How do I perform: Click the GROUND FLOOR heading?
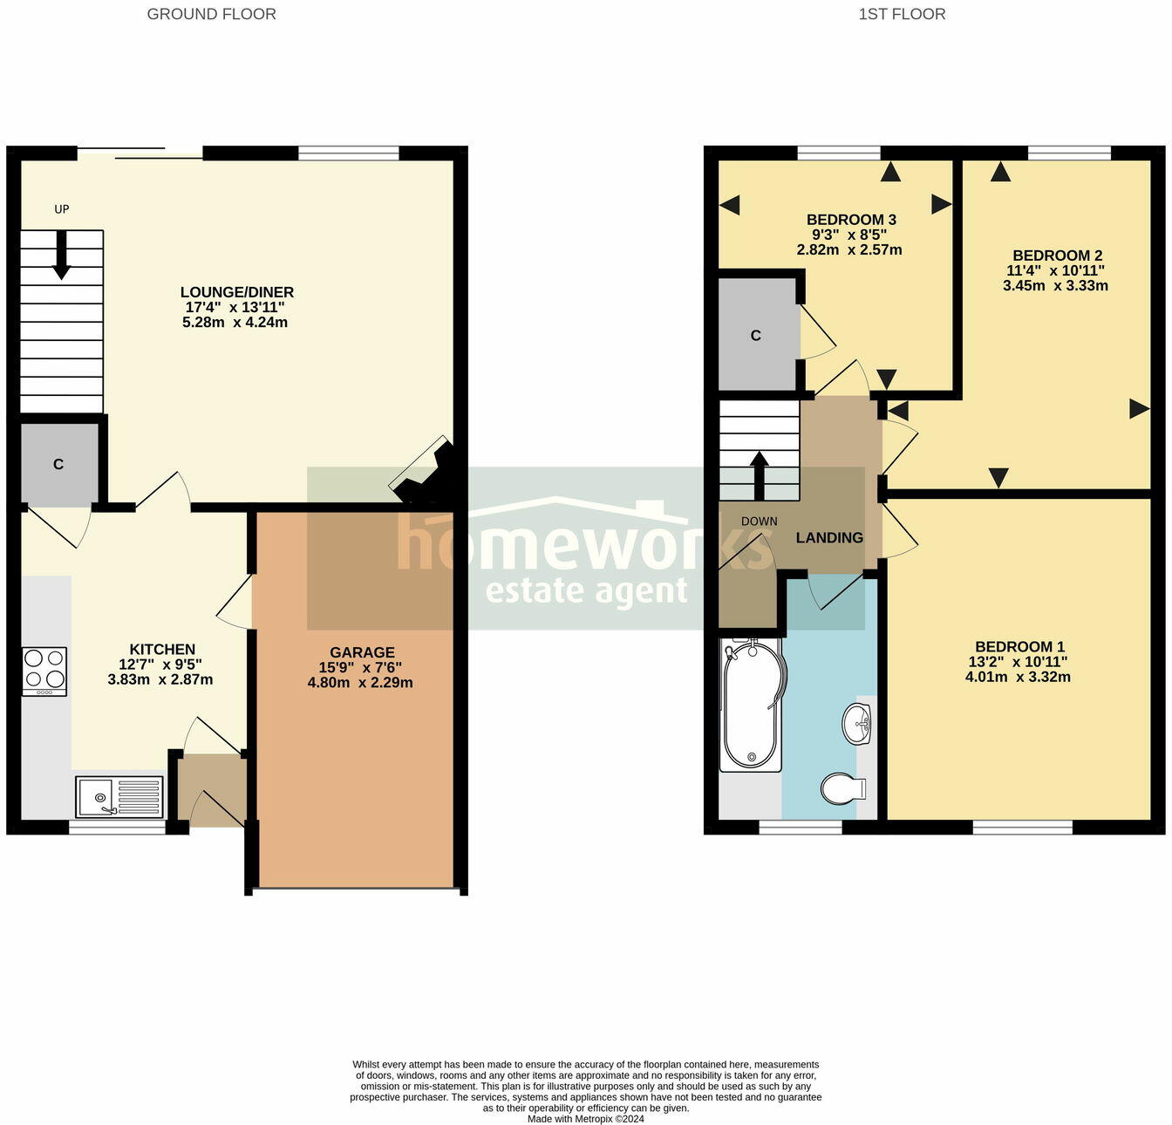pos(211,14)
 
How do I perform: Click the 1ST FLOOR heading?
pos(902,14)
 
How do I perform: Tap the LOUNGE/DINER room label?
pos(237,293)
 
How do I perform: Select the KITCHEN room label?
pos(162,650)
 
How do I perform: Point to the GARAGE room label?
pos(362,652)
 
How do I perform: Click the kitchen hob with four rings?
pos(44,671)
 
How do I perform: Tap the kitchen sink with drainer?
pos(119,796)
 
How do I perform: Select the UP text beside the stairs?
pos(62,209)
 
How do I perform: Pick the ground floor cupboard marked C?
pos(58,464)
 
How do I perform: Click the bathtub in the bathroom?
pos(752,705)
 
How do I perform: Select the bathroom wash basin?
pos(857,724)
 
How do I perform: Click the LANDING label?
pos(829,538)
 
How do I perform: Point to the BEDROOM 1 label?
pos(1019,647)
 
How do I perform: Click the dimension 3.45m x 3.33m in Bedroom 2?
pos(1055,285)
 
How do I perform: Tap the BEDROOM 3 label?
pos(851,220)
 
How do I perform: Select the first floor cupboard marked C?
pos(756,336)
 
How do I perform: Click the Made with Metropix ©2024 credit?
pos(586,1119)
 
